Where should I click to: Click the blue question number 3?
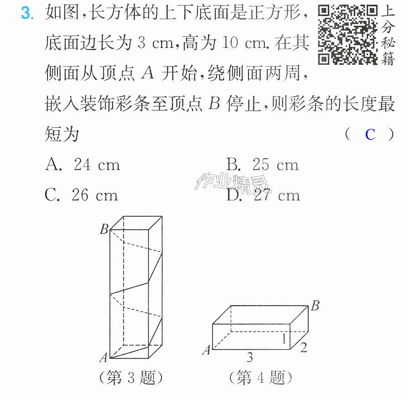pyautogui.click(x=27, y=13)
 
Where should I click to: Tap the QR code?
pyautogui.click(x=348, y=35)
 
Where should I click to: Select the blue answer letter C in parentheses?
pyautogui.click(x=370, y=135)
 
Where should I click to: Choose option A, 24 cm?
pyautogui.click(x=83, y=165)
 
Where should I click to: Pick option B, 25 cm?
pyautogui.click(x=263, y=165)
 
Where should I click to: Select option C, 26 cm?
pyautogui.click(x=81, y=195)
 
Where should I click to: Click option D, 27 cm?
pyautogui.click(x=263, y=195)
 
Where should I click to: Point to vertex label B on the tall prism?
pyautogui.click(x=104, y=229)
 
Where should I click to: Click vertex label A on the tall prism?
pyautogui.click(x=104, y=357)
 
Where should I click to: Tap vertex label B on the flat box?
pyautogui.click(x=315, y=306)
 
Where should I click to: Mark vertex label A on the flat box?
pyautogui.click(x=207, y=350)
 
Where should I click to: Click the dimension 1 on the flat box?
pyautogui.click(x=284, y=338)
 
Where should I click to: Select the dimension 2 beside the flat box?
pyautogui.click(x=303, y=348)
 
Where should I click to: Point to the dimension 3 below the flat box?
pyautogui.click(x=250, y=357)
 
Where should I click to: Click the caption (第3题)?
pyautogui.click(x=131, y=378)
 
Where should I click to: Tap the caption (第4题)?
pyautogui.click(x=260, y=378)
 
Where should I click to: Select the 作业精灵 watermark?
pyautogui.click(x=233, y=183)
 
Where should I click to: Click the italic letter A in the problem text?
pyautogui.click(x=148, y=73)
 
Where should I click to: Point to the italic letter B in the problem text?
pyautogui.click(x=214, y=103)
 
